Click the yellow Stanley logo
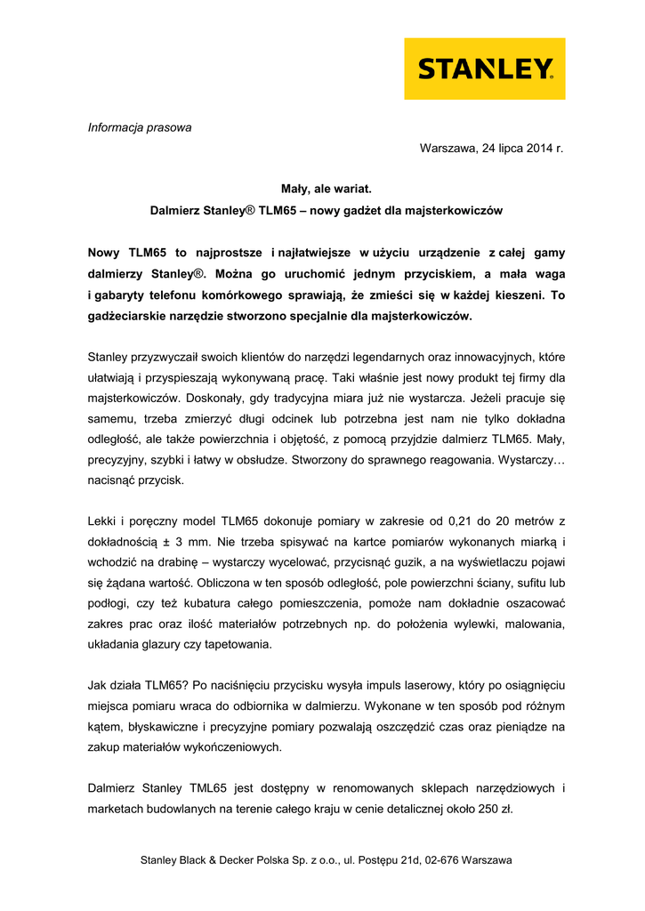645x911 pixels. click(x=485, y=69)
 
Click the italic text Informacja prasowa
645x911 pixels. click(x=140, y=127)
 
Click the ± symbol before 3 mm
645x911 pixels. click(x=167, y=543)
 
